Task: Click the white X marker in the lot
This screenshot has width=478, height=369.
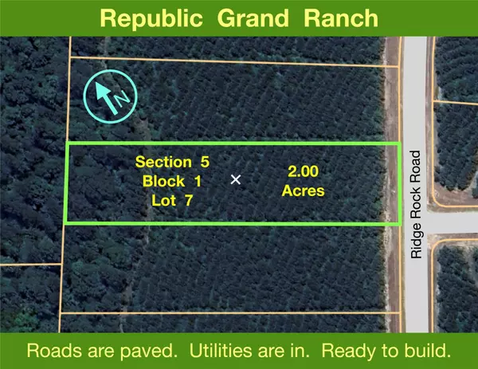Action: click(236, 180)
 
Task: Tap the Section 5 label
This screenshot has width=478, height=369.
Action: click(173, 162)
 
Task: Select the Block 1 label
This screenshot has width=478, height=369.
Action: click(173, 182)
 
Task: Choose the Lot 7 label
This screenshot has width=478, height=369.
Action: click(173, 201)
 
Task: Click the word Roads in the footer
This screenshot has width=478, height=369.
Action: click(50, 351)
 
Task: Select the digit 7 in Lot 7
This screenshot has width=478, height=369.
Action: click(190, 201)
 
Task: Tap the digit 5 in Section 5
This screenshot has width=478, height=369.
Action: click(205, 162)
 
